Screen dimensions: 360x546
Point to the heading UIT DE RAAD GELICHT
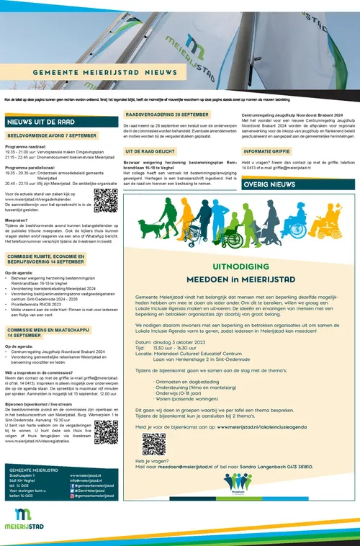click(x=148, y=152)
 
